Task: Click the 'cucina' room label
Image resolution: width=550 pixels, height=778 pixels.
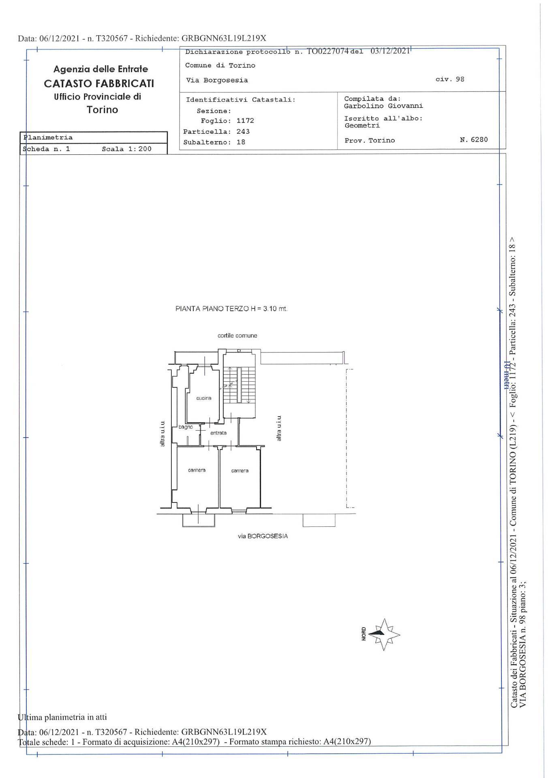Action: click(x=204, y=398)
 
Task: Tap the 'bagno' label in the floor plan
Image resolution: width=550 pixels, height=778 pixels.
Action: click(x=186, y=427)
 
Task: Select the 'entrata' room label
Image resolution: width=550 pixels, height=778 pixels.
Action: click(x=218, y=433)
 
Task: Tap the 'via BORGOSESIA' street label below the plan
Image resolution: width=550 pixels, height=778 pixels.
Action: click(x=263, y=536)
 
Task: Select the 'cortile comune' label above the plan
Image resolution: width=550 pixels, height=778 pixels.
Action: click(x=237, y=336)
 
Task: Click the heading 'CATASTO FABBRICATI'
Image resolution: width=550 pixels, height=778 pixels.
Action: click(x=99, y=83)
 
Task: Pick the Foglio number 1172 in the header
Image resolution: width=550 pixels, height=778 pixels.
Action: click(x=245, y=121)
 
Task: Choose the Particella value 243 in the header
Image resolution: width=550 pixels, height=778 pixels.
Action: click(x=243, y=132)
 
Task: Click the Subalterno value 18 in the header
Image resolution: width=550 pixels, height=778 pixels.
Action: click(x=241, y=142)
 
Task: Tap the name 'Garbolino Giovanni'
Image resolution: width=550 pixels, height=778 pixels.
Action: click(x=383, y=106)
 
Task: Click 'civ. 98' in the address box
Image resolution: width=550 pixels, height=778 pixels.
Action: click(x=450, y=79)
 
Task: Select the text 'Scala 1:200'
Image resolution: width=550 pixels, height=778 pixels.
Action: click(x=126, y=149)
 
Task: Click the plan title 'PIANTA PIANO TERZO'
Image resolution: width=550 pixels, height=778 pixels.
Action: click(x=212, y=309)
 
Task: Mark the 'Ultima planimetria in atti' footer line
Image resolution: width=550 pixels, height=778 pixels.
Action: click(x=63, y=717)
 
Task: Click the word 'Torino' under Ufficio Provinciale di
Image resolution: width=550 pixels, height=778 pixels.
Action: click(x=102, y=110)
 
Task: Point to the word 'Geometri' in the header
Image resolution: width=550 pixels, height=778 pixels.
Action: click(x=362, y=126)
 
